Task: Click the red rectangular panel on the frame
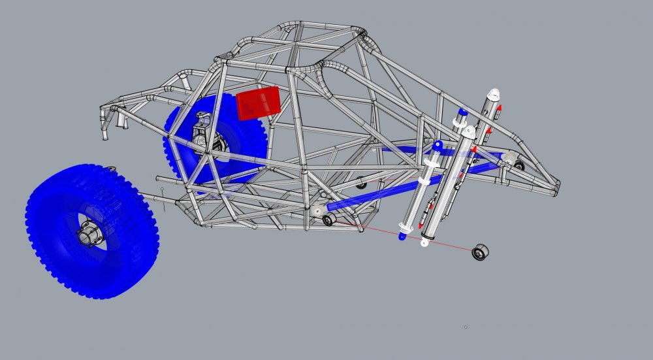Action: [x=259, y=103]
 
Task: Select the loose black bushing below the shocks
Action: [x=481, y=252]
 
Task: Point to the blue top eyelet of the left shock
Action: [x=438, y=144]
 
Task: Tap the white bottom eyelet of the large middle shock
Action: [x=424, y=244]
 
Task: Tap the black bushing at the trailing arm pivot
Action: [x=328, y=220]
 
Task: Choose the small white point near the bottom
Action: [x=466, y=327]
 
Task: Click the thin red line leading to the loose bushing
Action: [x=418, y=238]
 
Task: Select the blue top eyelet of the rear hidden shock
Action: [x=463, y=112]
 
